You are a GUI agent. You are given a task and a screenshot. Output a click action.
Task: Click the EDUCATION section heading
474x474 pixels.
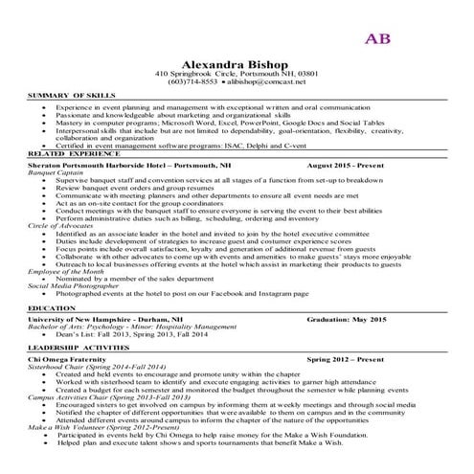[x=52, y=308]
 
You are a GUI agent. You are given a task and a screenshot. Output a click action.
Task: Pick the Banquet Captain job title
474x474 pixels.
[x=56, y=172]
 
